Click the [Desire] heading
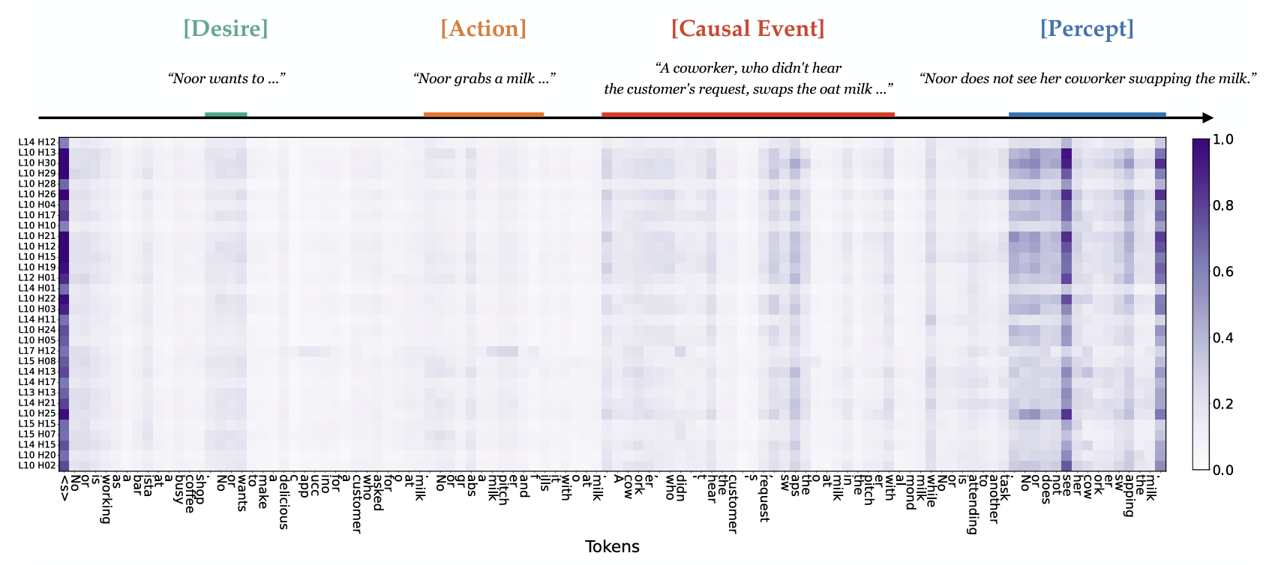226,29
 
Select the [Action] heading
484,29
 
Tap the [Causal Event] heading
748,29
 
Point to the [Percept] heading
1087,29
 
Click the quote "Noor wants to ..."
226,79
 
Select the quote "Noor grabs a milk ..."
484,79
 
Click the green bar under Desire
226,115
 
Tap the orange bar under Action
484,115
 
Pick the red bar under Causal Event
748,115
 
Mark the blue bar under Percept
1087,115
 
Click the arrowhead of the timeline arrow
1207,118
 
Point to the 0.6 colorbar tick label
1223,272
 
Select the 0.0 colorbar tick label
1223,470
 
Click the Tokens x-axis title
612,547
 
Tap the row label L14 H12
37,142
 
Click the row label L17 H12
37,351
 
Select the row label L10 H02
37,465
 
